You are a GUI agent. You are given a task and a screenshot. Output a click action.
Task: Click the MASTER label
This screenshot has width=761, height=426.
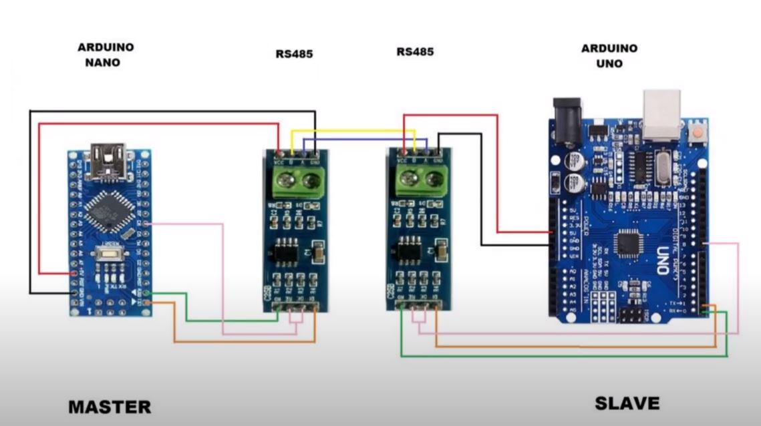(110, 406)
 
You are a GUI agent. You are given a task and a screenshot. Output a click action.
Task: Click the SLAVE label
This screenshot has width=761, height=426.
(627, 403)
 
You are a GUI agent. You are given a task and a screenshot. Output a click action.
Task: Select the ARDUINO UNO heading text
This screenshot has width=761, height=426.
(609, 55)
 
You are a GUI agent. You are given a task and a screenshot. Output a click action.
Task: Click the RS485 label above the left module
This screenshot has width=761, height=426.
(294, 54)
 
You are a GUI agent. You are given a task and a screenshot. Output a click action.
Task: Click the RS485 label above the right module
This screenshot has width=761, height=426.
(414, 51)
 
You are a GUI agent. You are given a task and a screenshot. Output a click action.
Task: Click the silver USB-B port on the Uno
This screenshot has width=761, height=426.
(661, 110)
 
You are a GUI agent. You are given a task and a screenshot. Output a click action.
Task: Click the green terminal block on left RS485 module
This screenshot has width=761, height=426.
(299, 181)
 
